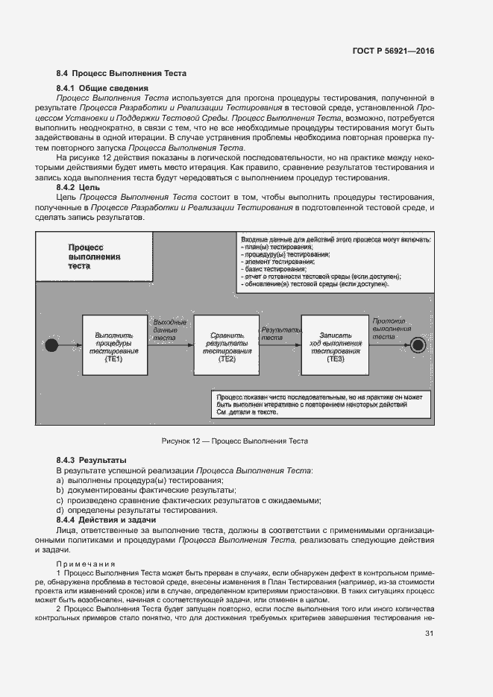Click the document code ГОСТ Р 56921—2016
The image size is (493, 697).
coord(392,51)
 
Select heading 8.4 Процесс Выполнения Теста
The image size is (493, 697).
coord(121,74)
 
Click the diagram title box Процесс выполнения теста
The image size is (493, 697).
coord(94,256)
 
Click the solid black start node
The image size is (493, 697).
coord(51,345)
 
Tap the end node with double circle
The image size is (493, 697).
coord(417,345)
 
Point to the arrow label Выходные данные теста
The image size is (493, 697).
coord(169,329)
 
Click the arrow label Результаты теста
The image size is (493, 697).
coord(280,333)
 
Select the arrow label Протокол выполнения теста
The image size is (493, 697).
coord(391,328)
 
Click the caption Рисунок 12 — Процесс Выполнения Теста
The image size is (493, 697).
coord(235,441)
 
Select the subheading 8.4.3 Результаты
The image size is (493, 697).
coord(91,461)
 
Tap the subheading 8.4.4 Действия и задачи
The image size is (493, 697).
coord(106,519)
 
